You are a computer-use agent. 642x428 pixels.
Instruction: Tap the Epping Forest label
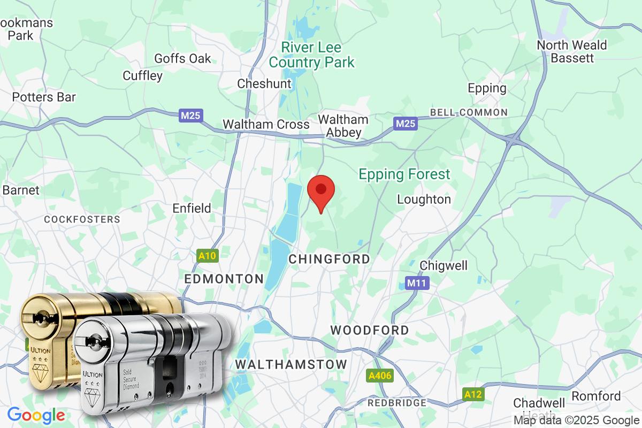(x=404, y=174)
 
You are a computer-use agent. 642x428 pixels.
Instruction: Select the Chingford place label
(x=329, y=259)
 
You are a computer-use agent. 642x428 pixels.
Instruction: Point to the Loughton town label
(x=424, y=200)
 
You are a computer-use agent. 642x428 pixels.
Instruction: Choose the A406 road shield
(x=380, y=376)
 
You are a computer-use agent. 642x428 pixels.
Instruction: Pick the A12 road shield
(x=473, y=394)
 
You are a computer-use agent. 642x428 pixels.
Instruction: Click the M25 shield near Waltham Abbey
(x=405, y=124)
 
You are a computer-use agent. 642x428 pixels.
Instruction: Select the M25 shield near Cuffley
(x=191, y=115)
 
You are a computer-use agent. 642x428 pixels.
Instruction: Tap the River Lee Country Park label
(x=311, y=55)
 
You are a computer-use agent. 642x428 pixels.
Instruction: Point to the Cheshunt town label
(x=264, y=83)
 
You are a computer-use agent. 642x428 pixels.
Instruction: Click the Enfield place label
(x=192, y=208)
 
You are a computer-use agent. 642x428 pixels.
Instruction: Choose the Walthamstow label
(x=291, y=364)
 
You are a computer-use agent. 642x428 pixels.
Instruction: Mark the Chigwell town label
(x=444, y=265)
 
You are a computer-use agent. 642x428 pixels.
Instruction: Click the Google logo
(x=36, y=415)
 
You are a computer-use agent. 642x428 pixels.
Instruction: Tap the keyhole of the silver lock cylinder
(x=95, y=340)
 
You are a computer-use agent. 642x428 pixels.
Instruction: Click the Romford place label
(x=596, y=396)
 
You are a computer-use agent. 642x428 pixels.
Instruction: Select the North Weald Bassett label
(x=571, y=51)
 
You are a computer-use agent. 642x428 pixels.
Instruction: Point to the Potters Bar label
(x=44, y=97)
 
